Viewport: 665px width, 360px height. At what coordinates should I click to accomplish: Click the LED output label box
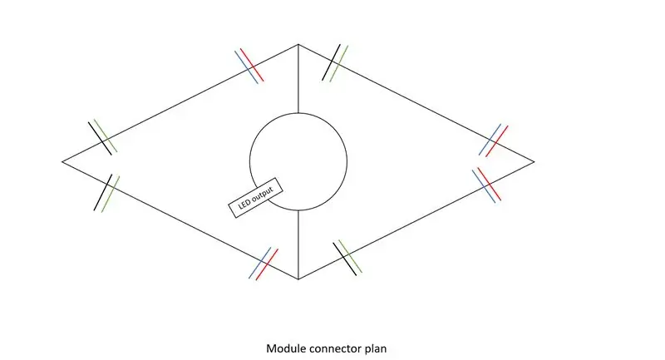tap(256, 198)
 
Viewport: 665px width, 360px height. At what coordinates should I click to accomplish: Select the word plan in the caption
tap(376, 349)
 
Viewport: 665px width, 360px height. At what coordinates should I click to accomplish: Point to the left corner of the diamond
tap(62, 161)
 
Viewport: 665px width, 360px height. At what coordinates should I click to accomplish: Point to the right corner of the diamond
tap(534, 161)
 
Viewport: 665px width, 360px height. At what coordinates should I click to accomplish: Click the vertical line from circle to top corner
tap(298, 78)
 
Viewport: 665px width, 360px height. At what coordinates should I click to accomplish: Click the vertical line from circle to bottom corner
tap(298, 244)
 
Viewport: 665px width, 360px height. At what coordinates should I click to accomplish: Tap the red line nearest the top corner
tap(252, 65)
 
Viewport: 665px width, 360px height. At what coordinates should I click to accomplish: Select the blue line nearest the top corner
tap(246, 67)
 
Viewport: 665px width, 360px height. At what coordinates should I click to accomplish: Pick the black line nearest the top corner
tap(331, 62)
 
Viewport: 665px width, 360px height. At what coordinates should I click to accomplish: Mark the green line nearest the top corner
tap(339, 64)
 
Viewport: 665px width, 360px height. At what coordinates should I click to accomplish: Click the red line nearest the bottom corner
tap(267, 264)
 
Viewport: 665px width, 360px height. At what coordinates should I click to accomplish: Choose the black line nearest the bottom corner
tap(345, 259)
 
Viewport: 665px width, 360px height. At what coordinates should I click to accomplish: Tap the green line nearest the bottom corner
tap(350, 256)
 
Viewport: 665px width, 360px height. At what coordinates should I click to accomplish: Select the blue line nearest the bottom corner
tap(259, 263)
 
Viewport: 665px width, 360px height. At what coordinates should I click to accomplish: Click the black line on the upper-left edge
tap(100, 139)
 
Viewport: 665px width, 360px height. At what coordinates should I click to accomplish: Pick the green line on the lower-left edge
tap(111, 195)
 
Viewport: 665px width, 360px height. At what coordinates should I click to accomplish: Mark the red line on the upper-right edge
tap(497, 141)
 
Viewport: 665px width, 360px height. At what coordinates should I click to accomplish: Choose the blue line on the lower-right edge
tap(484, 186)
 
